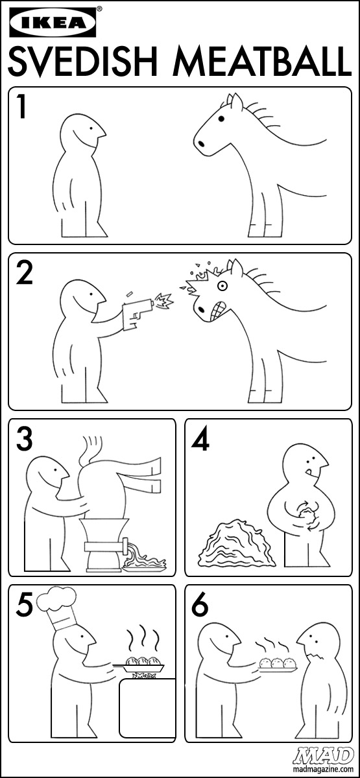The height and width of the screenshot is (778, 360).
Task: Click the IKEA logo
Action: pyautogui.click(x=53, y=22)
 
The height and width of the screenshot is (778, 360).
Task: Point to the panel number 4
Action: pyautogui.click(x=200, y=438)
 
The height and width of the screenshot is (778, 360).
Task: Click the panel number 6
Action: pyautogui.click(x=200, y=604)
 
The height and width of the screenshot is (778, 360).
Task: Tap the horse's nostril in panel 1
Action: pyautogui.click(x=201, y=143)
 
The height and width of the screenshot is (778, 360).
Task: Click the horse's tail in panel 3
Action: pyautogui.click(x=90, y=449)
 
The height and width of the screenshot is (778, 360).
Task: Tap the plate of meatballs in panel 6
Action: pyautogui.click(x=278, y=664)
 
